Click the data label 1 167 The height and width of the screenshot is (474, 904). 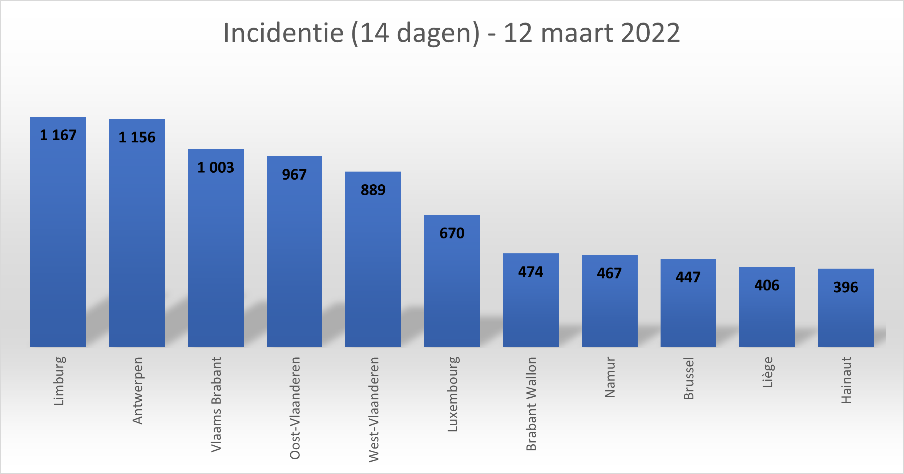(58, 135)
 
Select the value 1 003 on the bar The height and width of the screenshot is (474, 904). (216, 168)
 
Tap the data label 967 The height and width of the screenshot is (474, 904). (294, 175)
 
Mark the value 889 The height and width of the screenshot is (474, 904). (373, 190)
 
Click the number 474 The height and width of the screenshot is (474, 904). (530, 272)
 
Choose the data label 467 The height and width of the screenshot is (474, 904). (609, 273)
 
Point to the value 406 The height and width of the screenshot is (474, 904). (767, 285)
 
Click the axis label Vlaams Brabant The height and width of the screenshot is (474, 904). (216, 404)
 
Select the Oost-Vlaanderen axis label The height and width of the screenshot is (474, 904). (295, 408)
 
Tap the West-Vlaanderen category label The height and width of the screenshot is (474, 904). (374, 409)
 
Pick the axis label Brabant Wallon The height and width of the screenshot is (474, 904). (531, 403)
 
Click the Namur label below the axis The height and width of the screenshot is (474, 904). (610, 377)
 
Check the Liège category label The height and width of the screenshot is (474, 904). (767, 372)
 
